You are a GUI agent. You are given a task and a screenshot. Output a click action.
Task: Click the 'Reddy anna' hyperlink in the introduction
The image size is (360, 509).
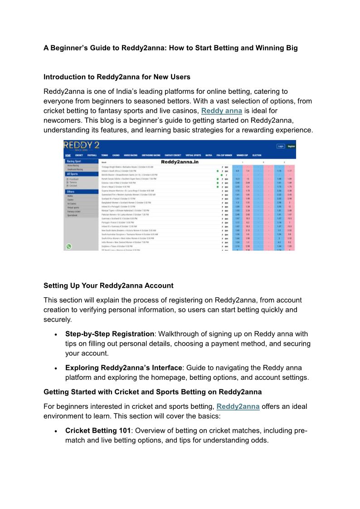[x=221, y=111]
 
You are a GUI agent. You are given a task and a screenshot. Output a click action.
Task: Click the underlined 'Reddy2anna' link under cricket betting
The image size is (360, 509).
[x=238, y=407]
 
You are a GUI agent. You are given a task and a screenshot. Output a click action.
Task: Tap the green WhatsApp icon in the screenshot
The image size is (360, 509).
[x=69, y=246]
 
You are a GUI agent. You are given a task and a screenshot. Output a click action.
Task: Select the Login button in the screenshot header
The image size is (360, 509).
[x=281, y=146]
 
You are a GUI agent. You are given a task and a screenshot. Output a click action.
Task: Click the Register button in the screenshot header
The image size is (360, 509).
[x=292, y=146]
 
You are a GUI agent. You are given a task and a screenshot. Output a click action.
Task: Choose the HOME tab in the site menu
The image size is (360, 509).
[x=68, y=155]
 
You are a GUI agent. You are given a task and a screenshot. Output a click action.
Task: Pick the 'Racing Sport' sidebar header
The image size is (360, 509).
[x=74, y=161]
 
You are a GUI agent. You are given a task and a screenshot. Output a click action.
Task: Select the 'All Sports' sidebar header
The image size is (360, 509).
[x=73, y=174]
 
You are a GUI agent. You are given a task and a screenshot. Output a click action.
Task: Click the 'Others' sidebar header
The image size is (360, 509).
[x=71, y=192]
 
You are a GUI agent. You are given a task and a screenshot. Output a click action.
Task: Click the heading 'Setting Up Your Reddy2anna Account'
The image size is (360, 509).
[x=108, y=286]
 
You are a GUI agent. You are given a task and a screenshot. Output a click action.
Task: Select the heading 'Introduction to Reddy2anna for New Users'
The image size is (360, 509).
[x=117, y=77]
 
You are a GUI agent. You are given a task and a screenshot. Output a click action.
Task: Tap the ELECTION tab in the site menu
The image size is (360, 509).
[x=257, y=155]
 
